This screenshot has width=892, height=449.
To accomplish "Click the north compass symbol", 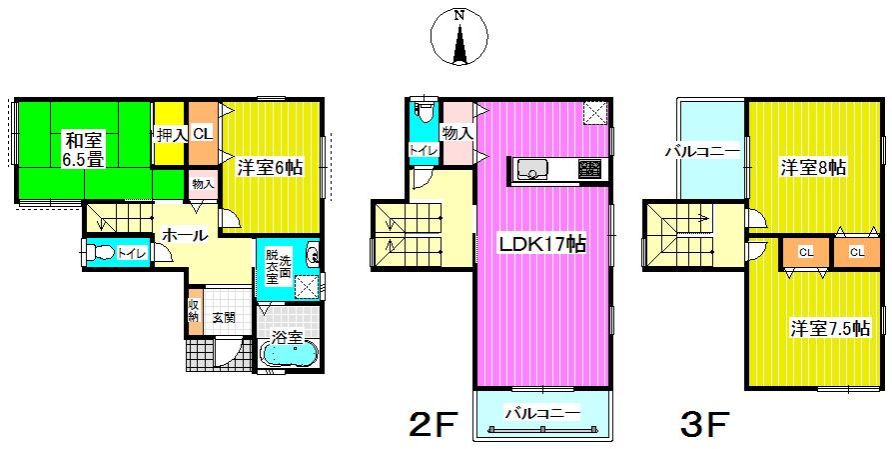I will (x=458, y=38).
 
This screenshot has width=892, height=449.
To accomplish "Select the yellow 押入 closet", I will (x=170, y=134).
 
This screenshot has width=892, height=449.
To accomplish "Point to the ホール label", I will (x=184, y=236).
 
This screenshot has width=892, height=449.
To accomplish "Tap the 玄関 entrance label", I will (x=224, y=318).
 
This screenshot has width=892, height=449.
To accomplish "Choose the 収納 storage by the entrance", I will (x=193, y=311).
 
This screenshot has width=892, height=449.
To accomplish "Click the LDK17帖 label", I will (x=542, y=242).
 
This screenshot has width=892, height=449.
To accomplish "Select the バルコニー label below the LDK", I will (x=541, y=412).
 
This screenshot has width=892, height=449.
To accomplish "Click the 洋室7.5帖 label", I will (x=829, y=327).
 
